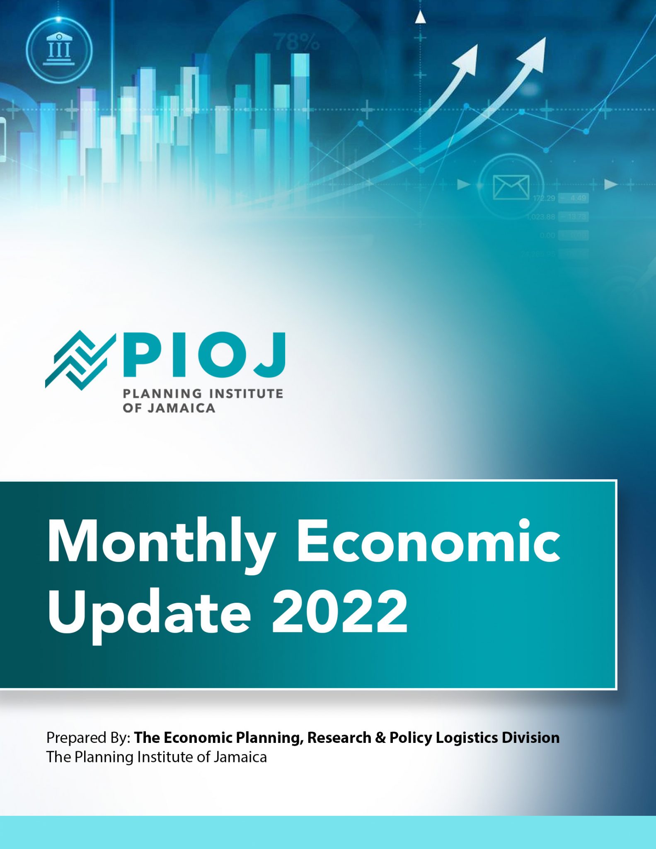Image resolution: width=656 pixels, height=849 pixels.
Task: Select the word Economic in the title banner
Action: pos(428,541)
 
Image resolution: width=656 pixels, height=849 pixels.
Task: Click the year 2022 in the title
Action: pos(340,611)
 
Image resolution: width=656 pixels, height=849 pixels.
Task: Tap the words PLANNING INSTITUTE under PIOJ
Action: pos(203,393)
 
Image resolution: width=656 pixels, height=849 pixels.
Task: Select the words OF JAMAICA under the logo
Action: pos(169,408)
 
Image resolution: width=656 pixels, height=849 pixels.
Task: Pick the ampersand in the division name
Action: pos(380,737)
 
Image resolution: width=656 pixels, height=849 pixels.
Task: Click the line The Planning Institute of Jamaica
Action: pos(156,757)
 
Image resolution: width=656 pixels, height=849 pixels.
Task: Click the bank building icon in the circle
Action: pos(59,50)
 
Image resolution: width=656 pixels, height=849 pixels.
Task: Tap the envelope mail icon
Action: pos(511,187)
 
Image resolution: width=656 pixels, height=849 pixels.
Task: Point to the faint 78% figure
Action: pos(296,42)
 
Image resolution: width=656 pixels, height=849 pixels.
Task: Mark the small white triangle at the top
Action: pos(421,17)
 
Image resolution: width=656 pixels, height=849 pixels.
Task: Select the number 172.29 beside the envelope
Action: pos(544,198)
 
